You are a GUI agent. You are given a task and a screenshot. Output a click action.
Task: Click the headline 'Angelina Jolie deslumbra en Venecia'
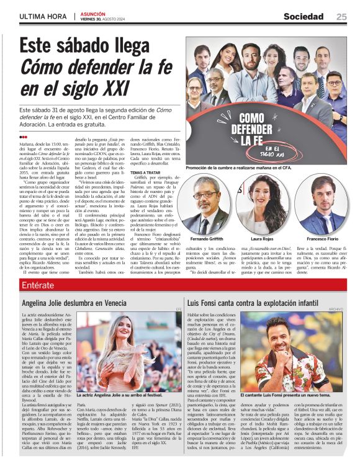pos(83,303)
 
